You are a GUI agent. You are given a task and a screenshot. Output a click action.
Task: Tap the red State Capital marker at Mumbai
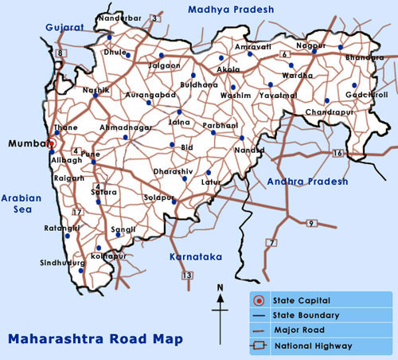click(x=49, y=144)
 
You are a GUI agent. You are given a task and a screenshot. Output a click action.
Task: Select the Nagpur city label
click(x=310, y=46)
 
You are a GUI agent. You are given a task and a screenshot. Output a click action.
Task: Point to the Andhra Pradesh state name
click(x=308, y=182)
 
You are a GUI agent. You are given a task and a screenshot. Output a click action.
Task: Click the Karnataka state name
click(x=196, y=256)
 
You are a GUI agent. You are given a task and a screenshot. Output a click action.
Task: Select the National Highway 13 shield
click(x=187, y=275)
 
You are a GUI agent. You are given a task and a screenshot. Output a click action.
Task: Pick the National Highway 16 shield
click(x=338, y=152)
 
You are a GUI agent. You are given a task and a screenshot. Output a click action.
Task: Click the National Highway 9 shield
click(x=311, y=223)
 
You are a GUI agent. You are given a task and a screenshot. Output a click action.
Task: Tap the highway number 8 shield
click(x=60, y=53)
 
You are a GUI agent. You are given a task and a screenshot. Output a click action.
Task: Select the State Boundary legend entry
click(x=305, y=315)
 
